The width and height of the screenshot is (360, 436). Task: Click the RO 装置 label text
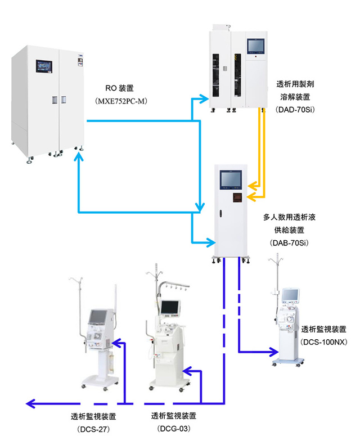point(119,88)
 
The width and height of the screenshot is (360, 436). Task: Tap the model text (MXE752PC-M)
point(121,101)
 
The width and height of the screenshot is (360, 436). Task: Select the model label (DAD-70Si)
point(295,110)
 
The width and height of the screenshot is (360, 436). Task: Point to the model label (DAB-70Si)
point(289,242)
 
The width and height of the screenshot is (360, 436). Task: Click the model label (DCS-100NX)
point(324,341)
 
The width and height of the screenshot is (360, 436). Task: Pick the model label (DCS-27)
point(93,429)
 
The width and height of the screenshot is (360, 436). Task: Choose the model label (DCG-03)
point(174,429)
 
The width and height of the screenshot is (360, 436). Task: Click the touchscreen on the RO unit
point(44,66)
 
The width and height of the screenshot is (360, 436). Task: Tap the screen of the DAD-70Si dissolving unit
point(256,46)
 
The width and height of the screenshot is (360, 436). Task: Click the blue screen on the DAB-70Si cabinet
point(231,179)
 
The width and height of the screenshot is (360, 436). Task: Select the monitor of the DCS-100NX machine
point(290,295)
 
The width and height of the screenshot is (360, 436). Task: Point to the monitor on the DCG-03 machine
point(170,307)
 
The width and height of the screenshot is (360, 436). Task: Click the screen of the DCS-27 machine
point(97,317)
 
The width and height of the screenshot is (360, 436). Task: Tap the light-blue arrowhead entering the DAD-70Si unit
point(204,98)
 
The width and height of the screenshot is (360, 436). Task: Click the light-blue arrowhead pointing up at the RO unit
point(79,156)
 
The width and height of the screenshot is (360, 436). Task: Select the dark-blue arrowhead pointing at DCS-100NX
point(273,352)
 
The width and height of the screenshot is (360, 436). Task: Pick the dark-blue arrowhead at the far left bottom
point(30,403)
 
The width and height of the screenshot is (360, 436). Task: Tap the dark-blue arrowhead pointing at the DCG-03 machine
point(187,371)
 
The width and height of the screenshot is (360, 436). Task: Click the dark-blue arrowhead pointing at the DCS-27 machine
point(117,343)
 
